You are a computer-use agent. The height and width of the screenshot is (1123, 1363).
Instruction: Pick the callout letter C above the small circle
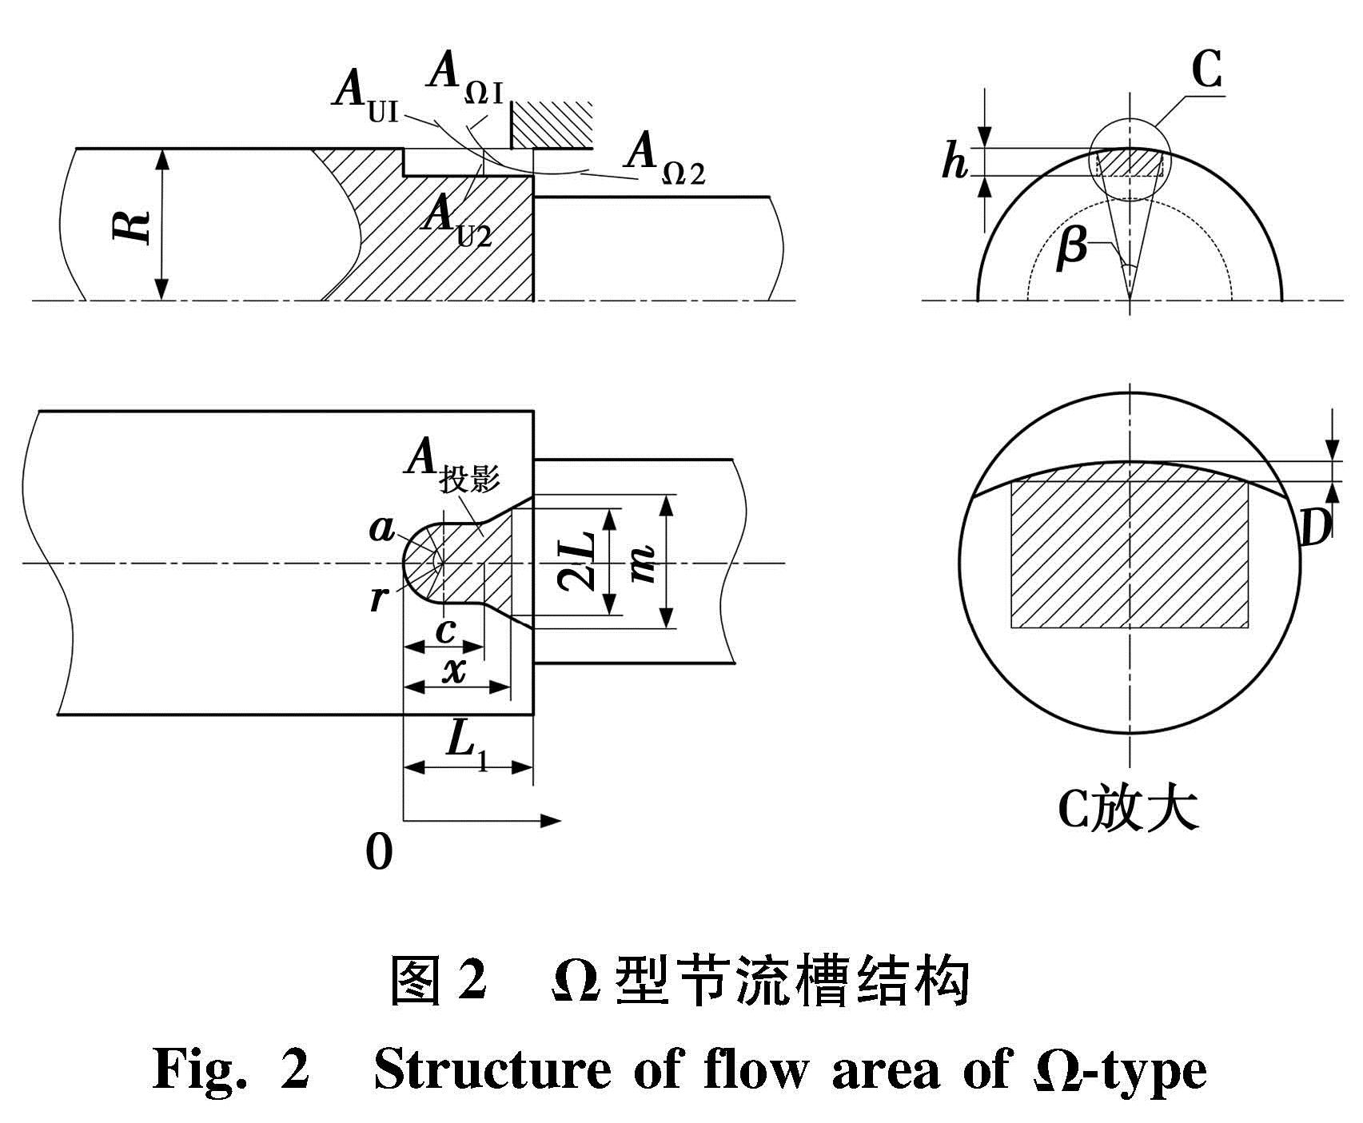click(x=1206, y=71)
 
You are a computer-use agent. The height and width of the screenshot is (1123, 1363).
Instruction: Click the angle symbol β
click(x=1070, y=247)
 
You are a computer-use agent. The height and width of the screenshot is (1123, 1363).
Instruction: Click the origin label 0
click(x=379, y=853)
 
